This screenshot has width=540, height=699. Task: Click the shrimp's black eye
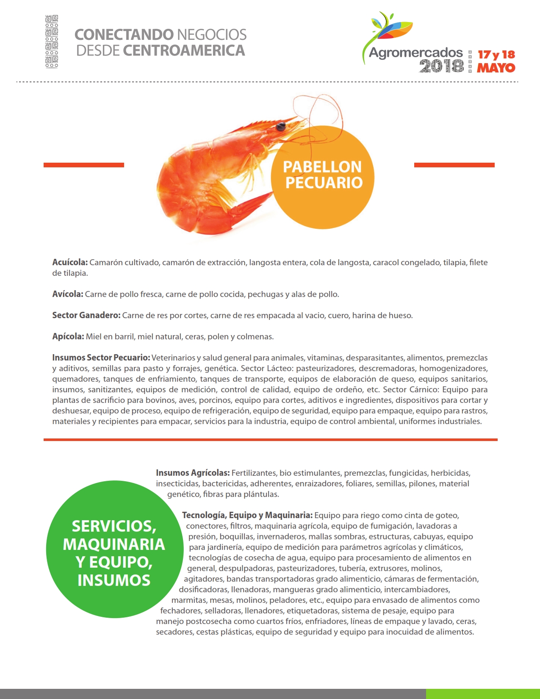[x=280, y=126]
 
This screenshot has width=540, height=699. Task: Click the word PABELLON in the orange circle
[x=322, y=167]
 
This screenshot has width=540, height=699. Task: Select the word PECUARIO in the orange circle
[x=324, y=183]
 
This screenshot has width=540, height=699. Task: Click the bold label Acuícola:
[x=70, y=263]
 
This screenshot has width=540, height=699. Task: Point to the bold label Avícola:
[x=68, y=294]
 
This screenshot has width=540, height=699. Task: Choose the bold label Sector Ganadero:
[x=86, y=316]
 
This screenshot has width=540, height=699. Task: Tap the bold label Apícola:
[x=68, y=337]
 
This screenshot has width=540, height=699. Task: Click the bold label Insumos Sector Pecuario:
[x=101, y=358]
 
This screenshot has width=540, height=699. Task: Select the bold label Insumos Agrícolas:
[x=193, y=473]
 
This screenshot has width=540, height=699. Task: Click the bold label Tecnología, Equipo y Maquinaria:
[x=247, y=516]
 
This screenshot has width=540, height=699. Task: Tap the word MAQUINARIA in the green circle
[x=114, y=544]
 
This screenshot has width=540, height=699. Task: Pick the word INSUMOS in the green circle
[x=114, y=580]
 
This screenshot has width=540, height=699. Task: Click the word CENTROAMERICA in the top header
[x=184, y=51]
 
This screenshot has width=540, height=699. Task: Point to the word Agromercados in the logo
[x=415, y=53]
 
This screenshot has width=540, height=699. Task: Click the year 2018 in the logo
[x=441, y=67]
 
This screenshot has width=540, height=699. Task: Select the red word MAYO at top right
[x=496, y=68]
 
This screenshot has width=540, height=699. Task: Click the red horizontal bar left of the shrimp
[x=84, y=165]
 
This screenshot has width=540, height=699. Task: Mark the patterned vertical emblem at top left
[x=52, y=42]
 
